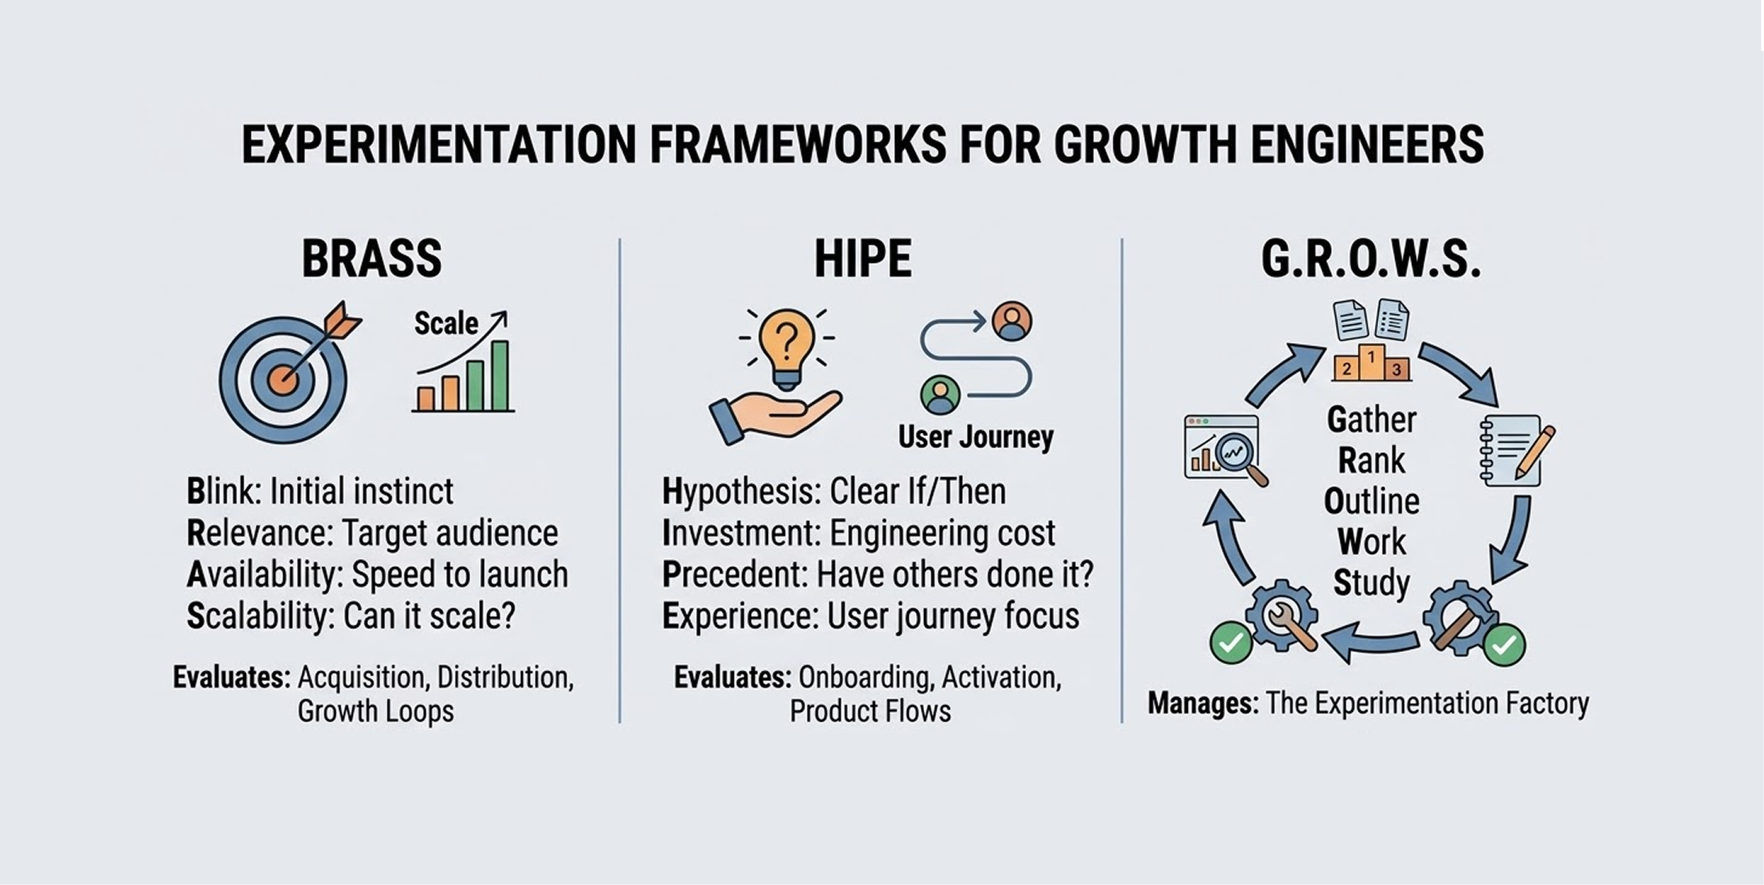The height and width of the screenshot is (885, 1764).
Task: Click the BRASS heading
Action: click(371, 259)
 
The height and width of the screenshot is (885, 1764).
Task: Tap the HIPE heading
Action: click(863, 259)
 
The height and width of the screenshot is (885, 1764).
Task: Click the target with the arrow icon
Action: click(285, 377)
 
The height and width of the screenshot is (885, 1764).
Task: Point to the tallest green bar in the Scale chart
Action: click(500, 375)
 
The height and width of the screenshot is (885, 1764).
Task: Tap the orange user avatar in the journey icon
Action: click(1011, 321)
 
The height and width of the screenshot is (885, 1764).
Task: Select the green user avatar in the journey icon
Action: click(940, 395)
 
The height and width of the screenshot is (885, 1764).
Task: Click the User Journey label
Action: click(976, 437)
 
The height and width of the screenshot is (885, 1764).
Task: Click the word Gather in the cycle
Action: click(1372, 420)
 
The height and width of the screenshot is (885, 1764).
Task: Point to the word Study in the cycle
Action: click(1372, 582)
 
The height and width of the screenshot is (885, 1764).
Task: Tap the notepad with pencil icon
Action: click(1516, 449)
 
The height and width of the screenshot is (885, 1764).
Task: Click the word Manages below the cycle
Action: click(1202, 703)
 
